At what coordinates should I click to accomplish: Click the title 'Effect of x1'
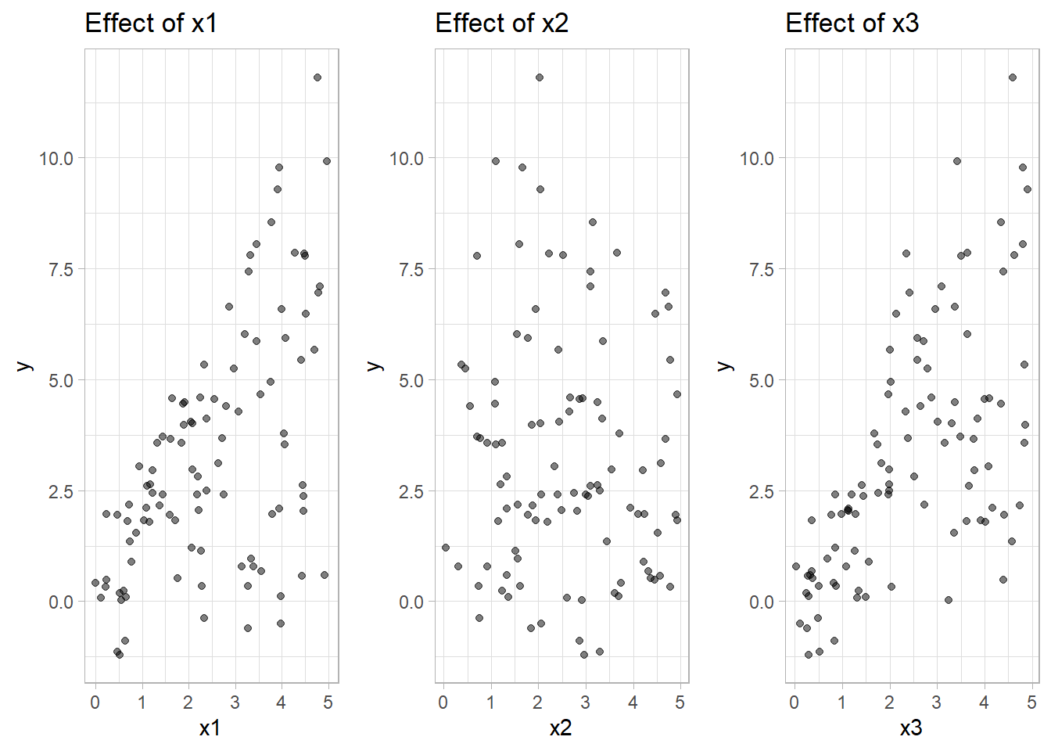point(150,23)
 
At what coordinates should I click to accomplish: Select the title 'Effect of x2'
point(501,23)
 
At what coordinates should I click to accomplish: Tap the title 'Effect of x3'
point(852,23)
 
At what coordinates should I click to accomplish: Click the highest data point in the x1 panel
point(317,77)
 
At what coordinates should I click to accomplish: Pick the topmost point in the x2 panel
point(540,77)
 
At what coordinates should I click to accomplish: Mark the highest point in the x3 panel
point(1013,77)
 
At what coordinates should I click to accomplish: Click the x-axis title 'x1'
point(210,729)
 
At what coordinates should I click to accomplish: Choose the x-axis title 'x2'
point(561,729)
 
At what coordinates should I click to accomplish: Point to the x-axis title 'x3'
point(911,729)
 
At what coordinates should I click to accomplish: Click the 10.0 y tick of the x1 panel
point(56,159)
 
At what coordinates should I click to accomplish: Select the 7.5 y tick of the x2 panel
point(407,270)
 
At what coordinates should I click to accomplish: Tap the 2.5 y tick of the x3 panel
point(757,492)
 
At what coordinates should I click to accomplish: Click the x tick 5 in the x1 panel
point(328,702)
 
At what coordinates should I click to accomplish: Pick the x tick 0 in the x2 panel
point(443,702)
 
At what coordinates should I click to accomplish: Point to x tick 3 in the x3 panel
point(937,702)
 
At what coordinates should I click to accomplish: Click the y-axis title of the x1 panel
point(25,366)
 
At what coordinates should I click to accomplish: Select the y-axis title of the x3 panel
point(726,366)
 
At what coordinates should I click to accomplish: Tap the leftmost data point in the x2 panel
point(446,548)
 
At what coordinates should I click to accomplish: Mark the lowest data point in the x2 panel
point(584,655)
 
